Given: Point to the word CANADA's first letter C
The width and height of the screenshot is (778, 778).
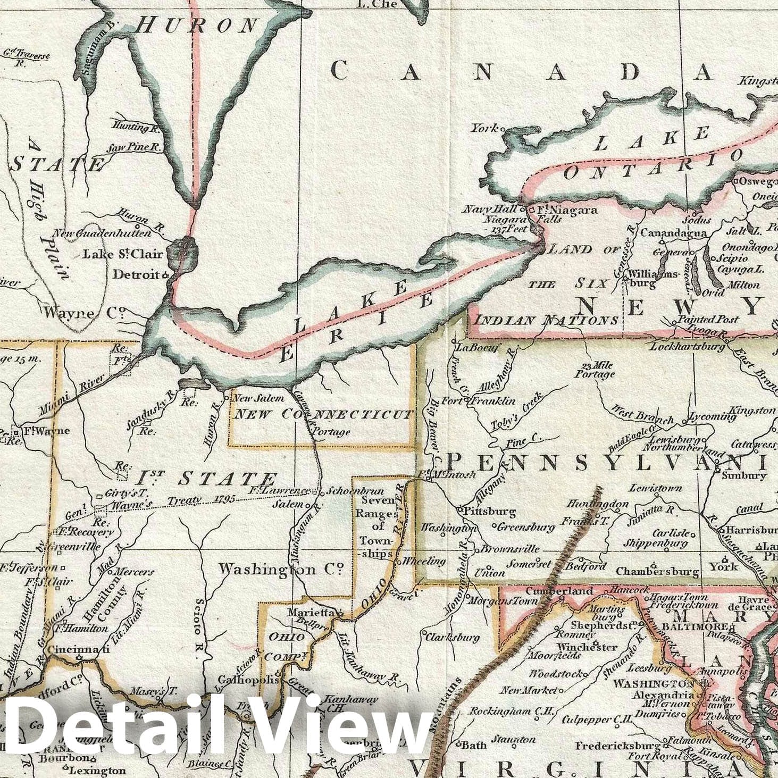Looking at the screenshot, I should click(x=340, y=70).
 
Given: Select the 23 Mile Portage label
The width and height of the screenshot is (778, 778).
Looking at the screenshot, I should click(x=595, y=370).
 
